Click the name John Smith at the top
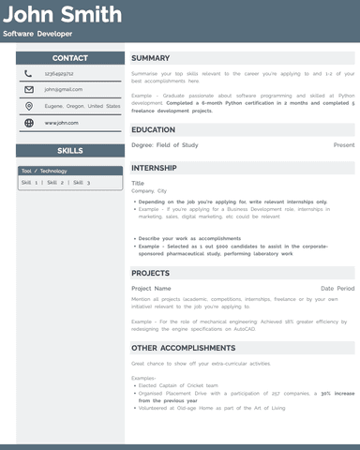coord(62,15)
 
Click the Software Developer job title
coord(37,34)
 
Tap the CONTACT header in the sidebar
coord(70,58)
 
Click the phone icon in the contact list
coord(29,73)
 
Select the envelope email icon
coord(29,90)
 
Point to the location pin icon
coord(29,106)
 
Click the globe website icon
coord(29,123)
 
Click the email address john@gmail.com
coord(64,90)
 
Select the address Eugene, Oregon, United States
coord(82,106)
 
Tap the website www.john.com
coord(62,123)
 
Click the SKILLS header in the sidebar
coord(70,150)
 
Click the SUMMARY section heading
coord(151,58)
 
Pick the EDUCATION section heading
coord(154,129)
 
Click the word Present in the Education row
coord(344,145)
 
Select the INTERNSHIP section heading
coord(156,167)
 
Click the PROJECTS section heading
coord(151,273)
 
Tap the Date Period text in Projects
coord(337,289)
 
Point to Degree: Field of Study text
coord(165,145)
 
